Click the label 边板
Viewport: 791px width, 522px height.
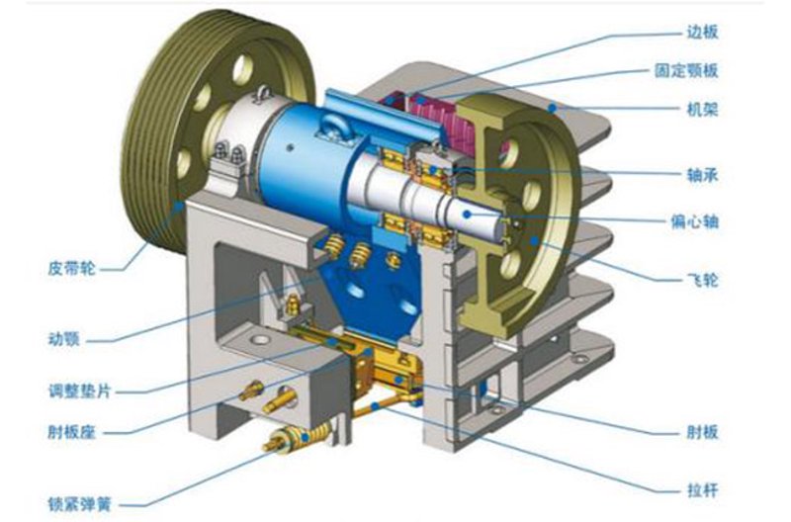[702, 33]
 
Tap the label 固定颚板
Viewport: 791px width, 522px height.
[685, 70]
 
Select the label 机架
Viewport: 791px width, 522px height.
[702, 109]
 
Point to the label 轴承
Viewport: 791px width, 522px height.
[702, 175]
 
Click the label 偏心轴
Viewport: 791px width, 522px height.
[694, 221]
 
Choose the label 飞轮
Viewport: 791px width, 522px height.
[702, 280]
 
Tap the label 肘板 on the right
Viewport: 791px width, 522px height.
[702, 432]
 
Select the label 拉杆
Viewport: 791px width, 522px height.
[702, 489]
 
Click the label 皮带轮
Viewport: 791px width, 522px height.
[71, 268]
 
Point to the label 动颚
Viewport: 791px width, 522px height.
[64, 339]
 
